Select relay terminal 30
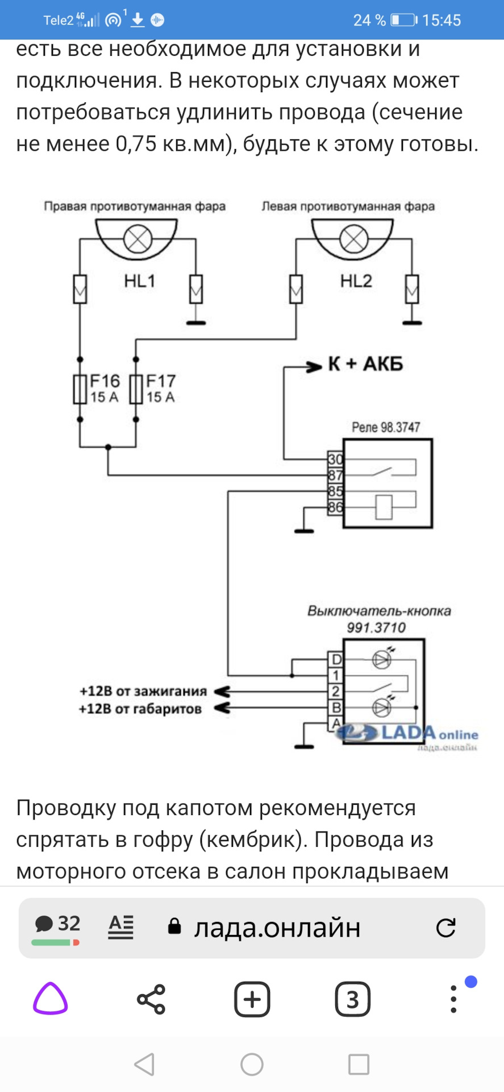(x=335, y=460)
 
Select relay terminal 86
(x=335, y=507)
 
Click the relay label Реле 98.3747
(x=386, y=427)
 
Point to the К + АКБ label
(x=365, y=364)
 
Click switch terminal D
(x=336, y=660)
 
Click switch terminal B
(x=336, y=708)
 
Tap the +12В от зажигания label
(x=143, y=692)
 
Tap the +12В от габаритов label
(x=140, y=709)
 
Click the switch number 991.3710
(x=376, y=628)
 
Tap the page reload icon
(x=445, y=928)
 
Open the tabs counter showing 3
(x=353, y=999)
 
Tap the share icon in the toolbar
(x=151, y=999)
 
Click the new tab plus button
(x=252, y=999)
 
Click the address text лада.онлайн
(x=277, y=928)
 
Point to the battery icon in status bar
(x=404, y=20)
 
